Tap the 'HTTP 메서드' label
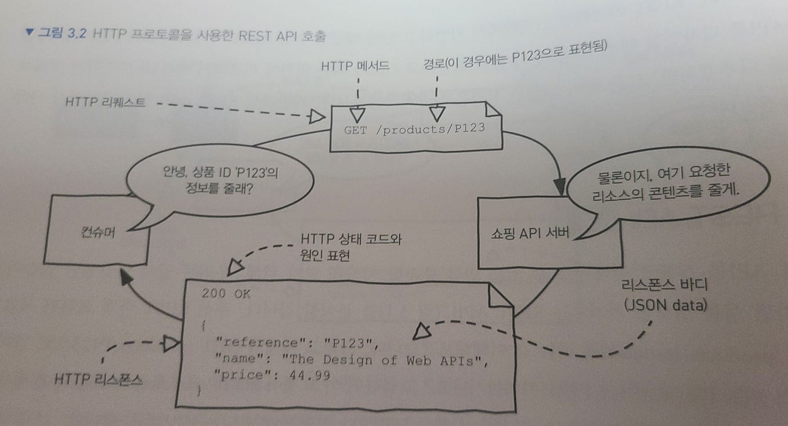coord(355,66)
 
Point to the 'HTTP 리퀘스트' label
coord(106,103)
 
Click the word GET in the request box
coord(355,130)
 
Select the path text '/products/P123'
coord(429,129)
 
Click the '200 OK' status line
coord(226,294)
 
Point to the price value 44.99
coord(312,376)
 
